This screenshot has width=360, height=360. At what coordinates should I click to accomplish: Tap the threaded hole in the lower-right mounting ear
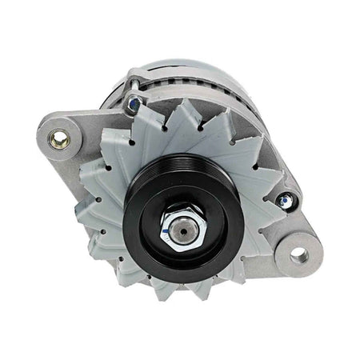click(x=298, y=256)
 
